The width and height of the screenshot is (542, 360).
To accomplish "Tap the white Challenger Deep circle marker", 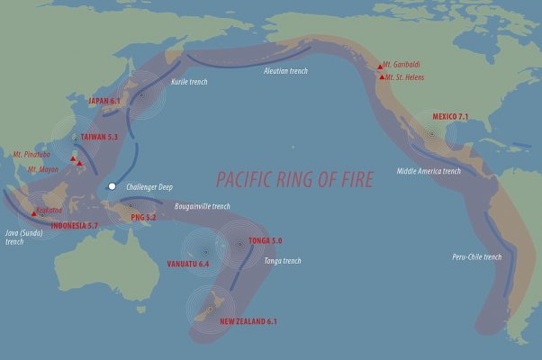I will coord(112,186).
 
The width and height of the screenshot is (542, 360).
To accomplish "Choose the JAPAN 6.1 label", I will coord(104,102).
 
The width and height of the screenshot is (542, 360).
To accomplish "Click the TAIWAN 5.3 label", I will coord(101,137).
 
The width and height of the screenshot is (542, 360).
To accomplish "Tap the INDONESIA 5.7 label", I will coord(63,224).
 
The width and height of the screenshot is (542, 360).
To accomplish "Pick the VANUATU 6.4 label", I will coord(188,264).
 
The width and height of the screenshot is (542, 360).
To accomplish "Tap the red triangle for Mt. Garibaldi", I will coord(377,65).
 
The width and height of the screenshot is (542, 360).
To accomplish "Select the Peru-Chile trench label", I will coord(476,257).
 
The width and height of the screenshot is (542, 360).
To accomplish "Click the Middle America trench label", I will coord(429,171).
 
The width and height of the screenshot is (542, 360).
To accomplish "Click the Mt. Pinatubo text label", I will coord(32,155).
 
